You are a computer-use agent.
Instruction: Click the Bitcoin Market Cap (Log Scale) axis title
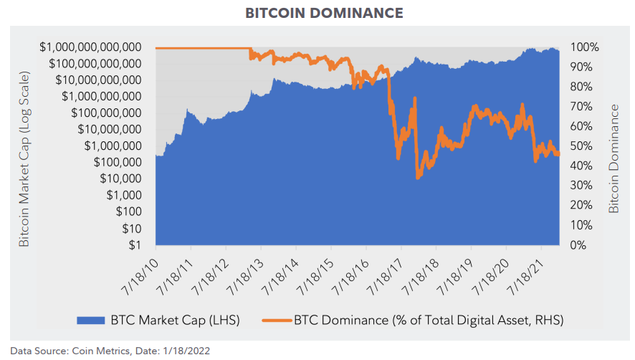(x=24, y=159)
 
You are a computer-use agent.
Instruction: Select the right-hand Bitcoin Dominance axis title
(x=614, y=158)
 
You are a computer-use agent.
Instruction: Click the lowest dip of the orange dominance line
(x=418, y=177)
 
